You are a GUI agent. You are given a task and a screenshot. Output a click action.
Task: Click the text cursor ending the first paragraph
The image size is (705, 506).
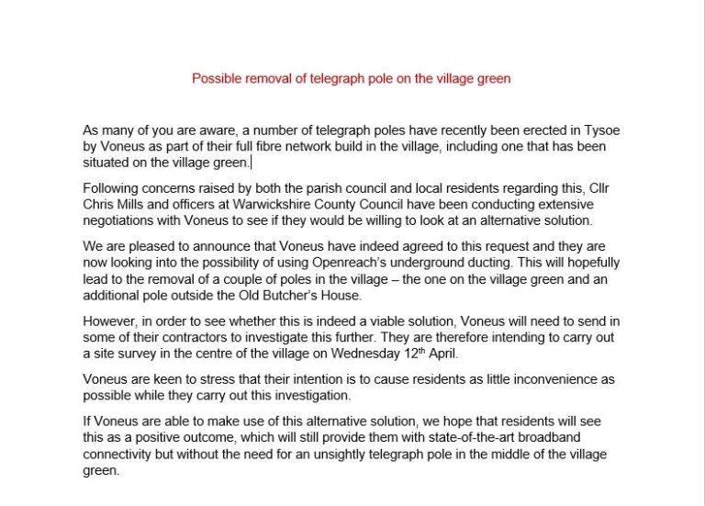click(251, 163)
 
